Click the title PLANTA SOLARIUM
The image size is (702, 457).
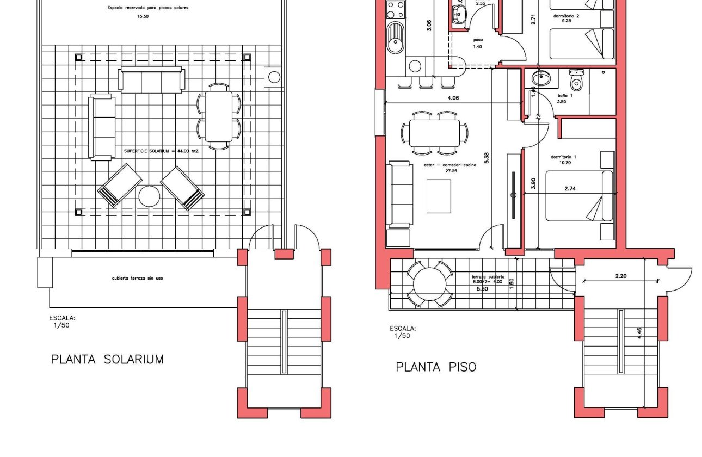click(x=107, y=359)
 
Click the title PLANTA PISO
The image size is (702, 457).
click(x=435, y=367)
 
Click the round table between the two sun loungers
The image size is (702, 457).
click(x=149, y=196)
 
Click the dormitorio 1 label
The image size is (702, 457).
click(x=563, y=157)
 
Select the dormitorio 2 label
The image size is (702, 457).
click(x=566, y=16)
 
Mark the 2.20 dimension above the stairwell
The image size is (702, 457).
click(x=620, y=276)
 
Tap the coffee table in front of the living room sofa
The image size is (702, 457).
click(x=439, y=196)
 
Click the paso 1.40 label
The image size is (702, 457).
click(x=478, y=43)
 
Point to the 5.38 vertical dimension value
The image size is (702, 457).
click(x=487, y=158)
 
